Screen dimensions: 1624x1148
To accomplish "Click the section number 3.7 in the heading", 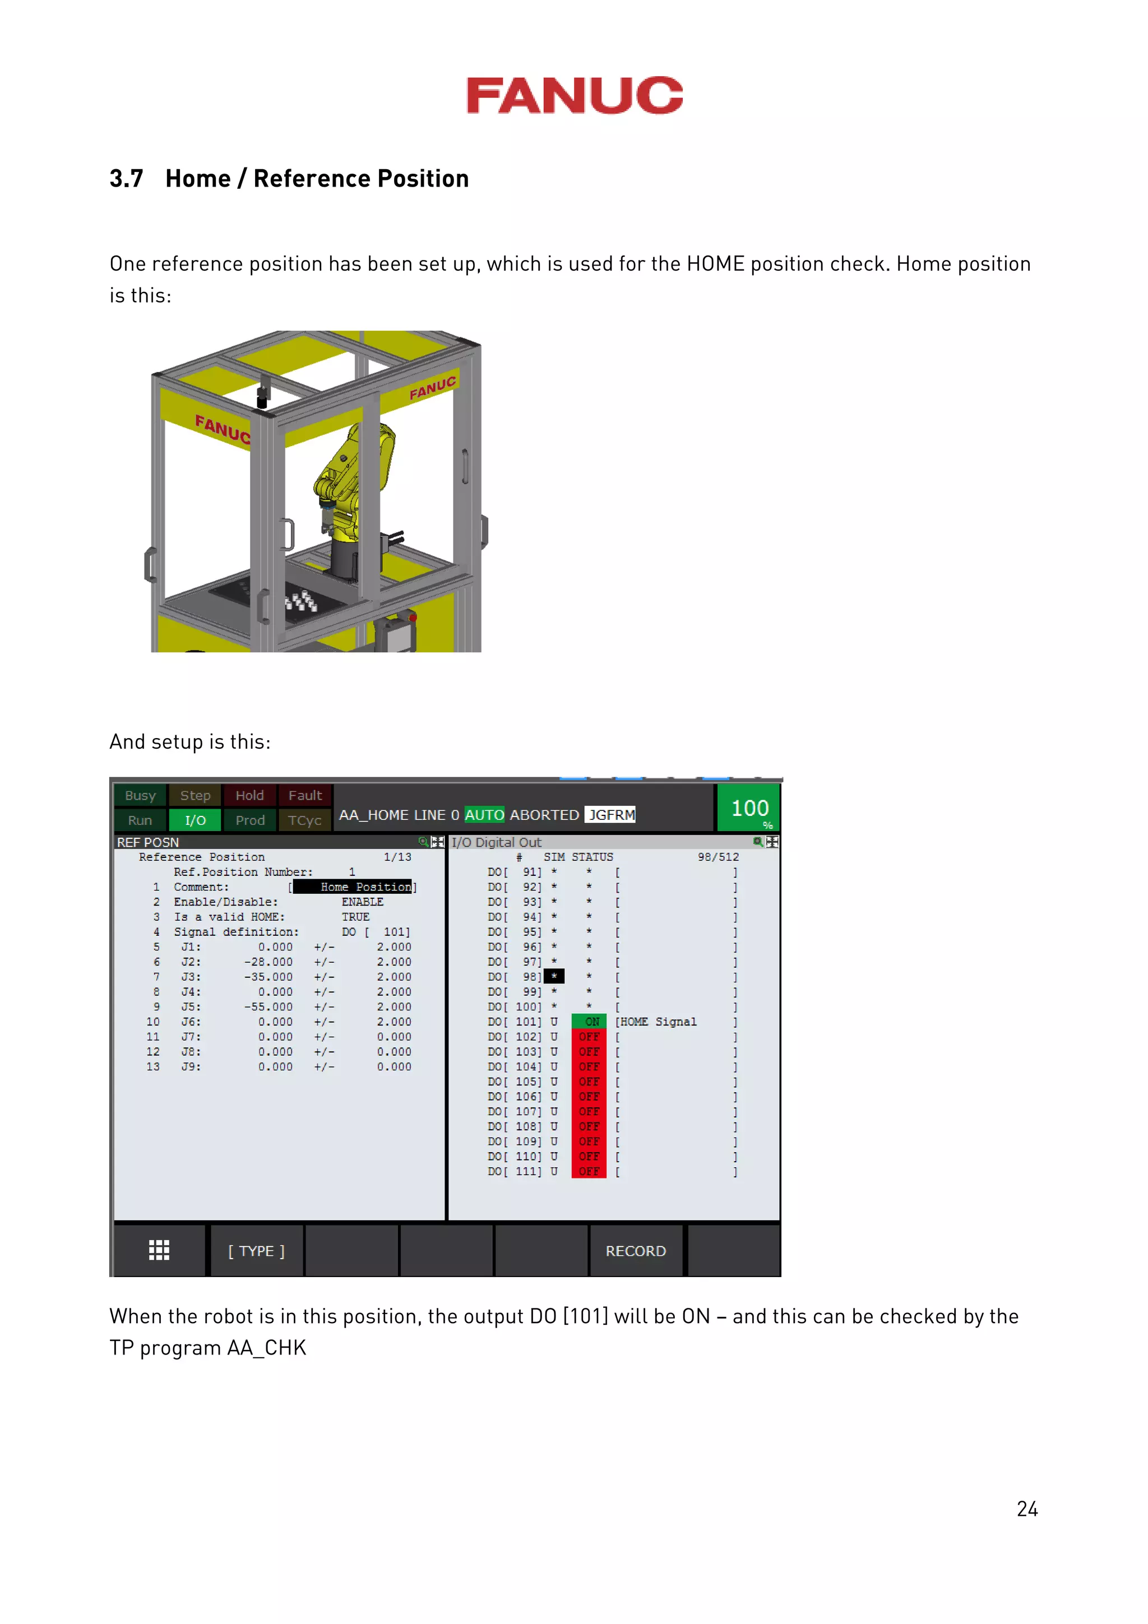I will tap(126, 179).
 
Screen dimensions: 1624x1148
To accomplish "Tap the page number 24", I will tap(1026, 1509).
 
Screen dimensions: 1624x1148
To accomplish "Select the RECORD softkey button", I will tap(635, 1251).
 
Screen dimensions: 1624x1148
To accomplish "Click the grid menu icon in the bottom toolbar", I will tap(159, 1251).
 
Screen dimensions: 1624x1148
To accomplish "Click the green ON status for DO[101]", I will tap(590, 1022).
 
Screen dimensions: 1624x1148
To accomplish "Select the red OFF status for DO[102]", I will tap(589, 1037).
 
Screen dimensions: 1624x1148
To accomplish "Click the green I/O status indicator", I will tap(195, 820).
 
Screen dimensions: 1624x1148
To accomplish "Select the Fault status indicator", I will tap(305, 796).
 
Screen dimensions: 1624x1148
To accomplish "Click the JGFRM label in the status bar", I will tap(611, 815).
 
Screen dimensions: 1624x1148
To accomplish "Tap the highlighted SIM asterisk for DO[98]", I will tap(554, 977).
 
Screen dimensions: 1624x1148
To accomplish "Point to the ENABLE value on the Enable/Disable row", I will tap(362, 902).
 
